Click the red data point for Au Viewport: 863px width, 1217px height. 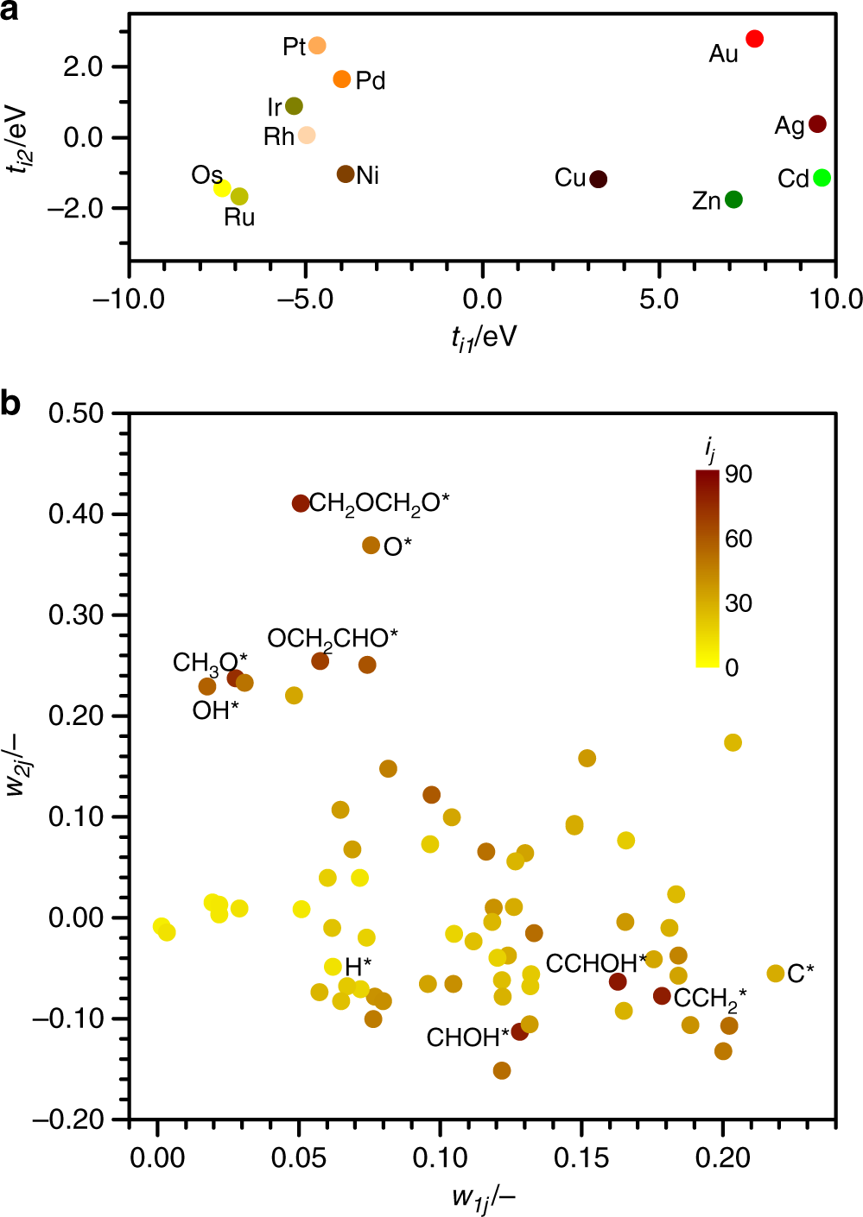click(754, 39)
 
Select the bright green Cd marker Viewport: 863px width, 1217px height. click(822, 178)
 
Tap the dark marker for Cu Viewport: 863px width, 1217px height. click(598, 180)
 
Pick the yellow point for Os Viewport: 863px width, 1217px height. click(222, 188)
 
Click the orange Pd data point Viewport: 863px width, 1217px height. click(342, 79)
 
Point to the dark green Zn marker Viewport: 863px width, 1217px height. click(733, 199)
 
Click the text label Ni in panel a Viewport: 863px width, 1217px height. click(368, 176)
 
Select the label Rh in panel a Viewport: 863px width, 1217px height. click(279, 137)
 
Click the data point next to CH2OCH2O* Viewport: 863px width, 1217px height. click(301, 503)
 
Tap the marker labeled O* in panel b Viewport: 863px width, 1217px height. click(371, 545)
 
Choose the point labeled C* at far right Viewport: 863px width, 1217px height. click(776, 974)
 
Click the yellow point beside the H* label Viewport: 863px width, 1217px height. click(333, 967)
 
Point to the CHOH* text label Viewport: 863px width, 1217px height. click(467, 1037)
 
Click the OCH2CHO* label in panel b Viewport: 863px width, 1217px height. click(333, 639)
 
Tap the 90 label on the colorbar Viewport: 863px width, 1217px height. click(739, 474)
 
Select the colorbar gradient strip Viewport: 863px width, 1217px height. click(708, 568)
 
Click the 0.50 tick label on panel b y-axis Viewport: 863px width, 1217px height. click(76, 413)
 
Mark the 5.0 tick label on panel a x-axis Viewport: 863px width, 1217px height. click(659, 300)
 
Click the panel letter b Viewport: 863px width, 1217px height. click(11, 403)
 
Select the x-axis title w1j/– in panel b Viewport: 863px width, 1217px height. click(483, 1198)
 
